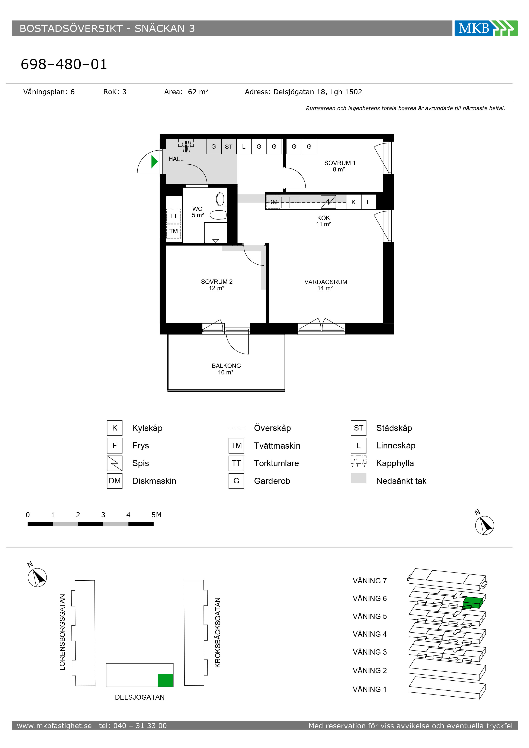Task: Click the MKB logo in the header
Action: [486, 28]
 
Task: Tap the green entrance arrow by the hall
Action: [154, 162]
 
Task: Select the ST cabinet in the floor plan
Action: [229, 147]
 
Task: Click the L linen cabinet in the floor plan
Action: [244, 147]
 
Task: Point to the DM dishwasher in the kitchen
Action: [273, 202]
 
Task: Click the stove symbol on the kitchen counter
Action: [328, 202]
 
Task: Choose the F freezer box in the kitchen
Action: [369, 202]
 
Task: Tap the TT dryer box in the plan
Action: [174, 216]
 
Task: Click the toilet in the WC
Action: [221, 199]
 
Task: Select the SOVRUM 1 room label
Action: [340, 163]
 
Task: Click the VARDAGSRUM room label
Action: [326, 282]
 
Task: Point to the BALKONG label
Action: [226, 366]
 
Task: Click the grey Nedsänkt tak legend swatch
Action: [359, 478]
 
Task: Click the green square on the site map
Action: [166, 680]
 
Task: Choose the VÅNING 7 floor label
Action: [370, 581]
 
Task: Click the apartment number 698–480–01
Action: [64, 64]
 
